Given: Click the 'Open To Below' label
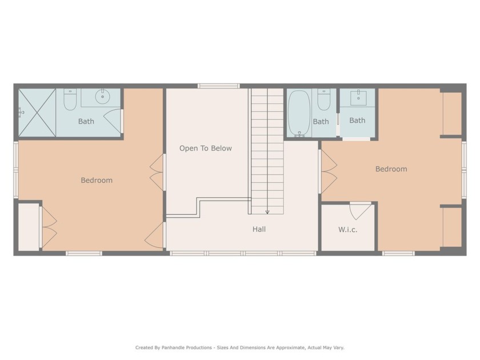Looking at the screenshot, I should (x=206, y=149).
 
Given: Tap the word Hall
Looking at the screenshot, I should (x=259, y=230).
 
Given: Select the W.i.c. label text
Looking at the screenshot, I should (x=347, y=230).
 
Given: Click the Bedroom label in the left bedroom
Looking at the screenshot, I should (x=97, y=181).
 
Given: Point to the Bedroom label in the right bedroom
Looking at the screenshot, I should (x=391, y=169).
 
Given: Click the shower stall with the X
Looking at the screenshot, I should (x=37, y=113).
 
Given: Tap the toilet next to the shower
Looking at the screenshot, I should (x=70, y=101).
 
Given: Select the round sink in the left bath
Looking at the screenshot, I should (x=103, y=96).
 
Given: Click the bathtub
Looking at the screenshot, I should (x=299, y=113).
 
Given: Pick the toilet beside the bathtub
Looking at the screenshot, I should (x=324, y=101).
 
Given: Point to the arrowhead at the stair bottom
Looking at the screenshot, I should (x=267, y=212).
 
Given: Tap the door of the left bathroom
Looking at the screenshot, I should (x=114, y=120).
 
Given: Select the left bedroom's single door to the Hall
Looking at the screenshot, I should (x=154, y=235).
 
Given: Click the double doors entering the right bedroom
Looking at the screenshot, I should (x=328, y=171).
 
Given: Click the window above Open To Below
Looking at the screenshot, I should (x=218, y=86).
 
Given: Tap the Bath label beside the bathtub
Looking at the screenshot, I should (x=321, y=122).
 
